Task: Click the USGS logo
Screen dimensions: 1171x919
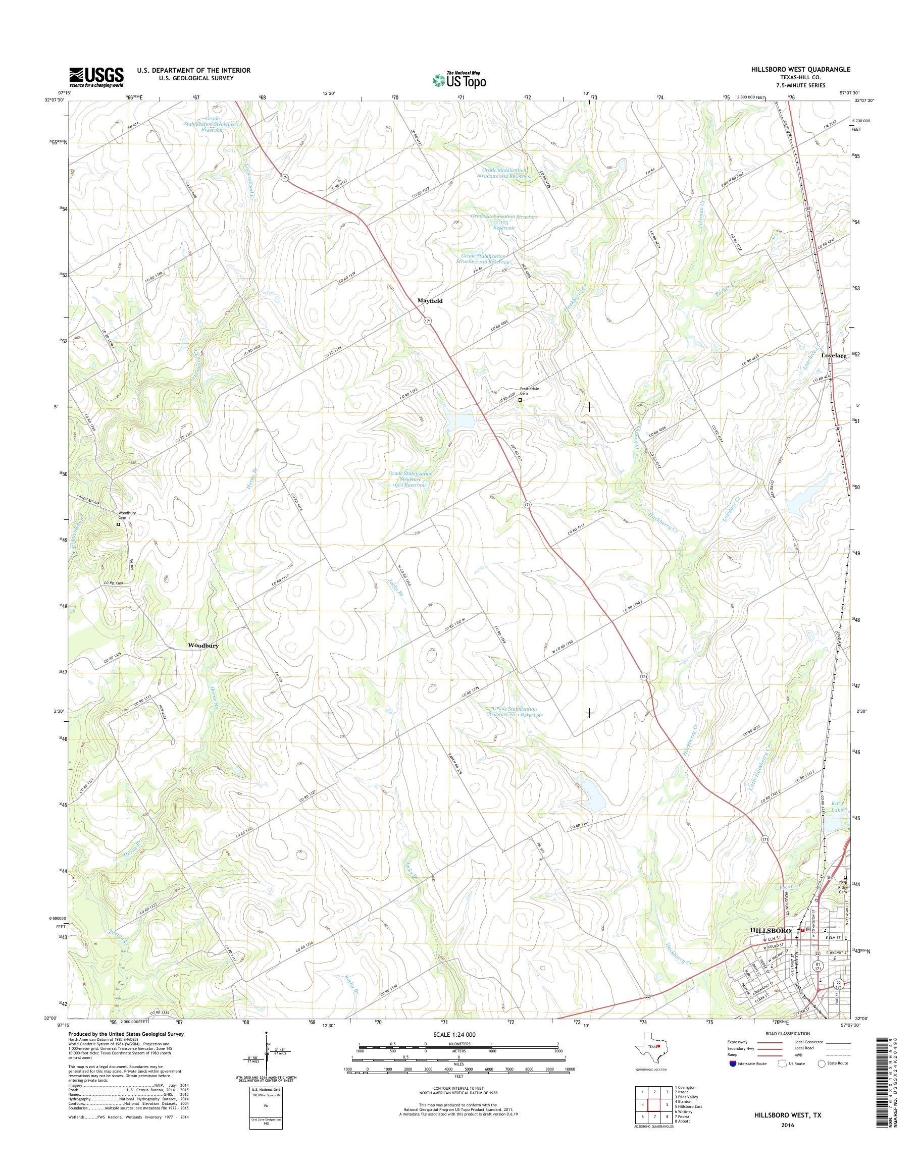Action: (96, 77)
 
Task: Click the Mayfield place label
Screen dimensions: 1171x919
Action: (430, 301)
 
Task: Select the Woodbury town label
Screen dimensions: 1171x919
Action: (203, 645)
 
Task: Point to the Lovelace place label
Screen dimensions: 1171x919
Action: (834, 356)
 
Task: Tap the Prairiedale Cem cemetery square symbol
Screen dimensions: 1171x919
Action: (520, 400)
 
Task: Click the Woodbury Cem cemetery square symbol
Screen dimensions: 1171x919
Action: (118, 523)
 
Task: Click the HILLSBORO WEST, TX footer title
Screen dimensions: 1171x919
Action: (787, 1111)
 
